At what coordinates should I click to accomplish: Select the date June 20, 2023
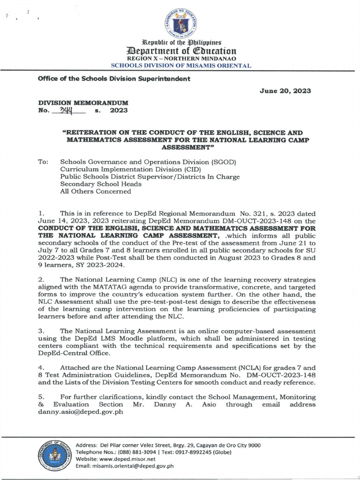coord(286,91)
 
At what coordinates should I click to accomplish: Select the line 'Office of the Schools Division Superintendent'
coord(114,78)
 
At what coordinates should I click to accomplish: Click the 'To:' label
coord(44,161)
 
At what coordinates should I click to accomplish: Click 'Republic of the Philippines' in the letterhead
coord(180,42)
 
